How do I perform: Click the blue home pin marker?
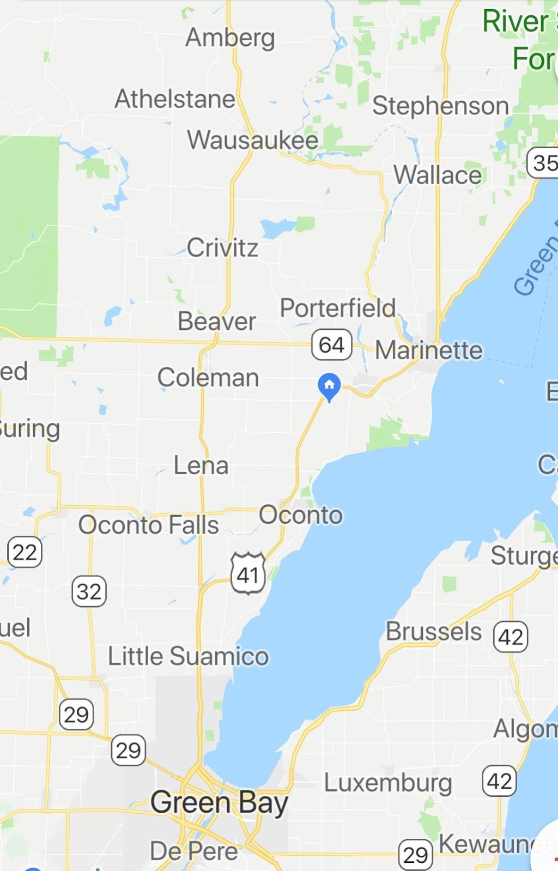pos(329,386)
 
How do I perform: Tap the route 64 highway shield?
pos(332,344)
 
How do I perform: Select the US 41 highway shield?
pos(248,573)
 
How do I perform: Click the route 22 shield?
pos(25,552)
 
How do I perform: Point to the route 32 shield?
pos(89,591)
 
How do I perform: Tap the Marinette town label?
pos(429,350)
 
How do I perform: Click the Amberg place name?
pos(230,38)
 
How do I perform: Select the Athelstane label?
pos(175,99)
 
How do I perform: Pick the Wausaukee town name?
pos(253,140)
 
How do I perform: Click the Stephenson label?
pos(440,106)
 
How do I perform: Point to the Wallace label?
pos(438,176)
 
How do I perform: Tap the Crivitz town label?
pos(222,248)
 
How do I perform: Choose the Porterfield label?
pos(338,308)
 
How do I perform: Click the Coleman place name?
pos(208,377)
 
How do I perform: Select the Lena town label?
pos(201,465)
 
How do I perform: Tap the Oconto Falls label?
pos(148,525)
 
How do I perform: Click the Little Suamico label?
pos(188,656)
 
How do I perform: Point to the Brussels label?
pos(434,632)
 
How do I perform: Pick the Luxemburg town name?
pos(388,783)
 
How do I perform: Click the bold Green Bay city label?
pos(219,803)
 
